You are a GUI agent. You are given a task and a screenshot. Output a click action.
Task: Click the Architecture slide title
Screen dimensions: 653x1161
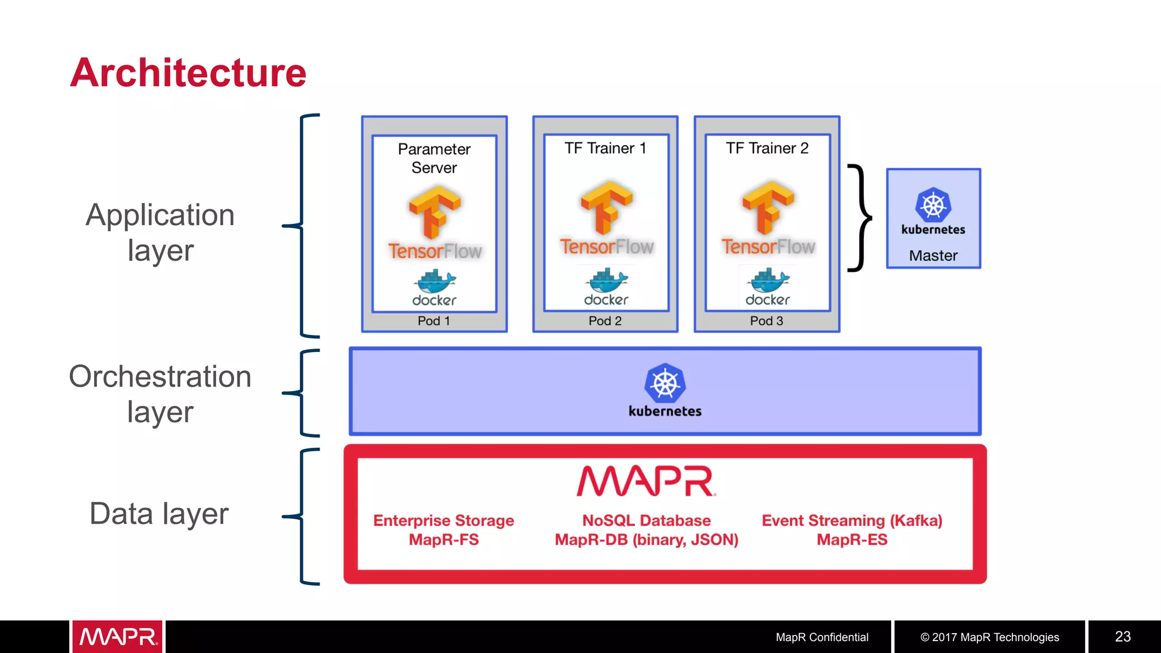click(x=188, y=73)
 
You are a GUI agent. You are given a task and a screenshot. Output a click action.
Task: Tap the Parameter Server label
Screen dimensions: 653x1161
click(x=434, y=158)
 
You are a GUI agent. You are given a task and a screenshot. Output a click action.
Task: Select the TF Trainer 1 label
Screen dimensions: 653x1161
click(x=605, y=149)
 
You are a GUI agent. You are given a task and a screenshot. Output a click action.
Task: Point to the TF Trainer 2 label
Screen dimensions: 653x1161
click(x=767, y=149)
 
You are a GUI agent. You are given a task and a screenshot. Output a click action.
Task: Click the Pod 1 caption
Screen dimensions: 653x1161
click(x=434, y=321)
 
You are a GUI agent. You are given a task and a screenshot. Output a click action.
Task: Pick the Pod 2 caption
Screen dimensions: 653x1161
click(x=605, y=321)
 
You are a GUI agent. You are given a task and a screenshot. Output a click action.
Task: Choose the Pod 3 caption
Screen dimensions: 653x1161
click(x=766, y=321)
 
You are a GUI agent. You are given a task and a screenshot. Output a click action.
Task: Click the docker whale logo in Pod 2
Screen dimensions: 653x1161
click(x=607, y=280)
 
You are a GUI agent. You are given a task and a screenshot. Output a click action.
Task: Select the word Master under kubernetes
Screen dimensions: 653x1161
click(x=933, y=256)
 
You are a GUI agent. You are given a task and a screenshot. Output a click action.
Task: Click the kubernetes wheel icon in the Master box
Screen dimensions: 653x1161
click(x=933, y=205)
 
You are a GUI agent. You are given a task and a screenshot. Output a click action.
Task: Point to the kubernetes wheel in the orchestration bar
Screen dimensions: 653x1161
click(x=665, y=384)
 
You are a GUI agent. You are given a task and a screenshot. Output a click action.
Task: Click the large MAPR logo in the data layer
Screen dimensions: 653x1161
click(x=646, y=481)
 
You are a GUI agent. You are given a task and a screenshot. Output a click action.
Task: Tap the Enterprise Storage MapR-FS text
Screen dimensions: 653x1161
click(x=443, y=530)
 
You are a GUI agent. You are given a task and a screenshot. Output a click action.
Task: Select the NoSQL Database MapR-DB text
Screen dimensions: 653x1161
click(x=646, y=530)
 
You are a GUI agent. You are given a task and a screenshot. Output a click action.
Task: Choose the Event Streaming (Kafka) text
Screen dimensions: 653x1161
click(x=851, y=521)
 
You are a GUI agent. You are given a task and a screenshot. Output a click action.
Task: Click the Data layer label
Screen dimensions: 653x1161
click(x=159, y=514)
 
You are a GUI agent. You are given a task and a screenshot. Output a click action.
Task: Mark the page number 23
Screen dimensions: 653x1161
click(x=1122, y=637)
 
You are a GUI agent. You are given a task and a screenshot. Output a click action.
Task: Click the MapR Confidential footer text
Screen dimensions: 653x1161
click(x=821, y=637)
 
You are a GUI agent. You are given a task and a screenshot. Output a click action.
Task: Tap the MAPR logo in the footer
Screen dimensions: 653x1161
click(x=118, y=637)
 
